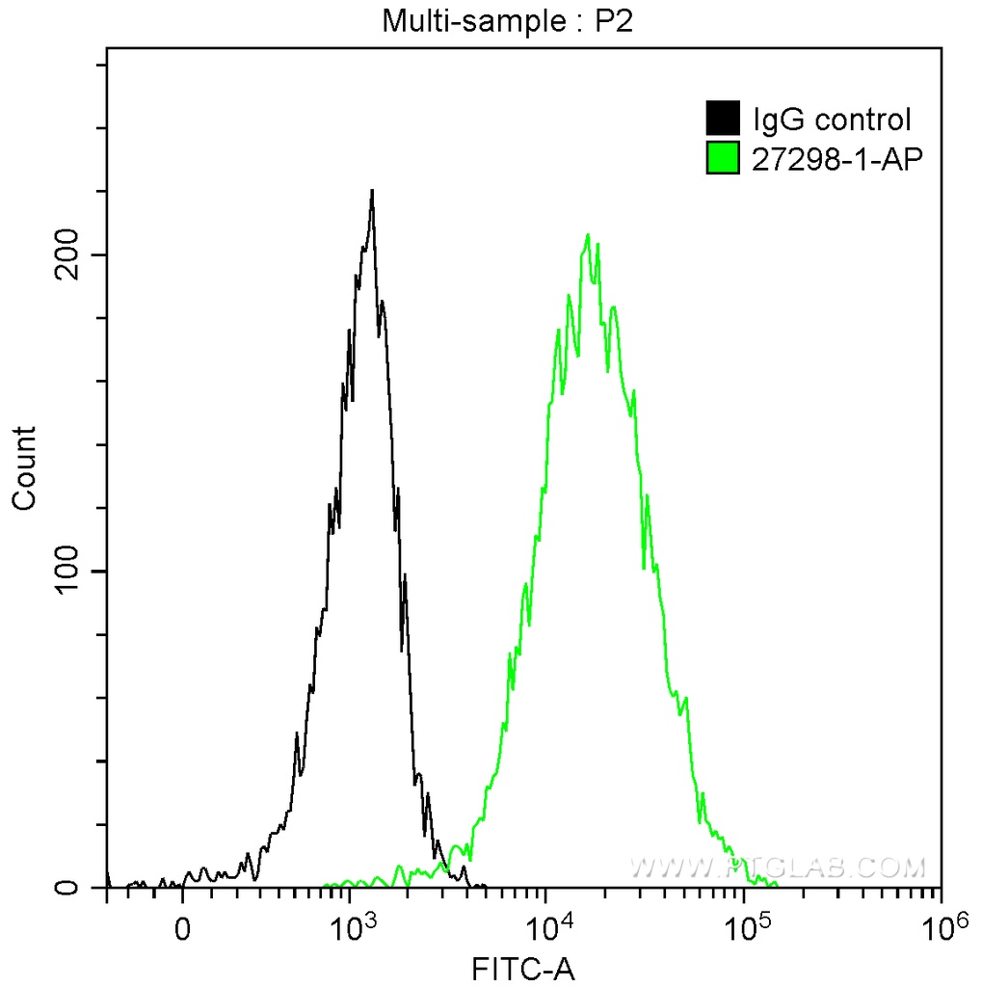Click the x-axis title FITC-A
(x=523, y=968)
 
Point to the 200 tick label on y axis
(x=66, y=254)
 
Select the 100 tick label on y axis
(x=66, y=572)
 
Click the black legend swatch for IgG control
(x=723, y=119)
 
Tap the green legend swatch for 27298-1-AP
(x=723, y=158)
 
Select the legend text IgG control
(x=832, y=120)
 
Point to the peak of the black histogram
(x=371, y=191)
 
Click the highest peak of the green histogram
(x=587, y=235)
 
